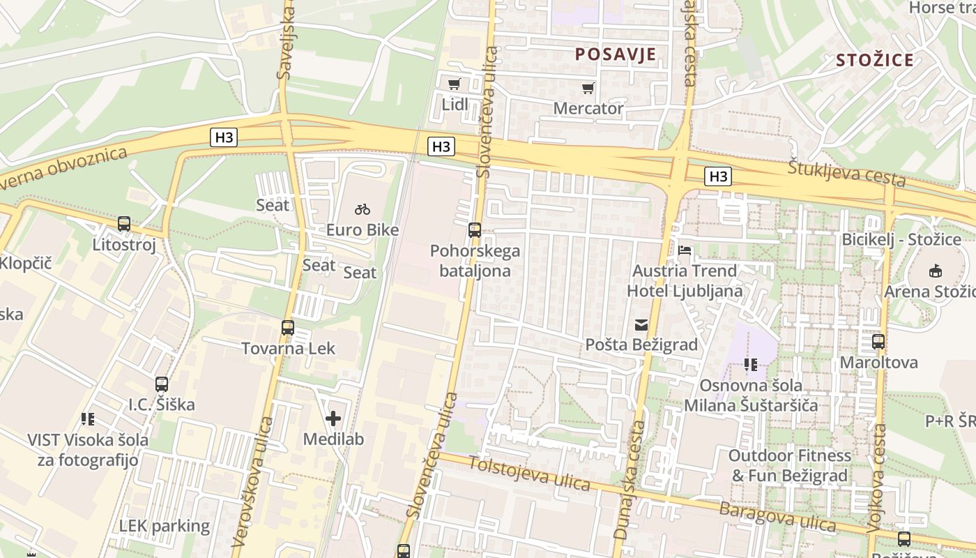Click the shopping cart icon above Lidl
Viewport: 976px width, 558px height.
coord(455,84)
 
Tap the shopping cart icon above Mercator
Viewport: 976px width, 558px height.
coord(588,88)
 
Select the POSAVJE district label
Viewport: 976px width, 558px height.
coord(616,54)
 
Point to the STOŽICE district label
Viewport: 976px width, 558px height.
coord(875,60)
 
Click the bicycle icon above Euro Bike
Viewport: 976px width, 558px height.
coord(363,209)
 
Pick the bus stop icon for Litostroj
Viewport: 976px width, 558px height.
coord(124,224)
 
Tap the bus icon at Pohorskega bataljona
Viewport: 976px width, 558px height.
coord(475,229)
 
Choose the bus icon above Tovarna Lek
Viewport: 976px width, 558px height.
coord(287,327)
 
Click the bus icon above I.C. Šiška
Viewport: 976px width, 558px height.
coord(162,384)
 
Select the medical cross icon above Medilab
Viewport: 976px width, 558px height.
coord(333,418)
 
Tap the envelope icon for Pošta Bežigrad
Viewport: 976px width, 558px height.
coord(641,324)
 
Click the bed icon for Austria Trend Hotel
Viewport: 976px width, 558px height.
coord(685,250)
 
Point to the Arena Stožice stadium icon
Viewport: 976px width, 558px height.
coord(935,271)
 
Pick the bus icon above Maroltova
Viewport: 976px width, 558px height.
coord(878,342)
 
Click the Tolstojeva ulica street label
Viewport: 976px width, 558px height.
coord(529,473)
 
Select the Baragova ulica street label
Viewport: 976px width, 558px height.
coord(777,516)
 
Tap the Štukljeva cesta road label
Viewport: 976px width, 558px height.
coord(847,173)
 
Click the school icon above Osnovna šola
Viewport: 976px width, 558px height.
coord(751,364)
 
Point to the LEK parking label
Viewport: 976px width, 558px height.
coord(164,526)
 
